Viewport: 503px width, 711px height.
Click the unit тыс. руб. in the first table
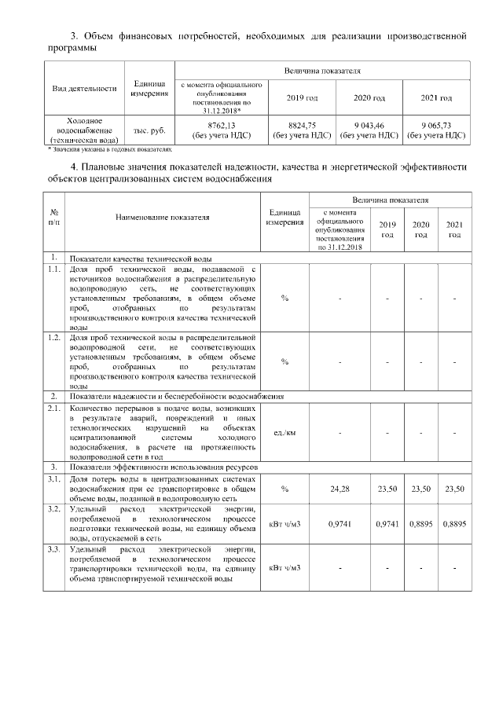[149, 130]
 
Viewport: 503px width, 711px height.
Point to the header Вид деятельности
[84, 89]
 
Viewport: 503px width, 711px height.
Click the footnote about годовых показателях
[109, 148]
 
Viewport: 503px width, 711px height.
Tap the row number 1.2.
[53, 338]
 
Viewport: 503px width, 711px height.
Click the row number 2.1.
[53, 409]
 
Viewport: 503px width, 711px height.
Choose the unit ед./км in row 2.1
[285, 432]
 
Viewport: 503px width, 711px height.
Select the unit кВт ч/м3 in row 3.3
[285, 566]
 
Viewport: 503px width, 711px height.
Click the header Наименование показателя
[163, 218]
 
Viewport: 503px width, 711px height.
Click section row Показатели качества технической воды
[141, 258]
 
